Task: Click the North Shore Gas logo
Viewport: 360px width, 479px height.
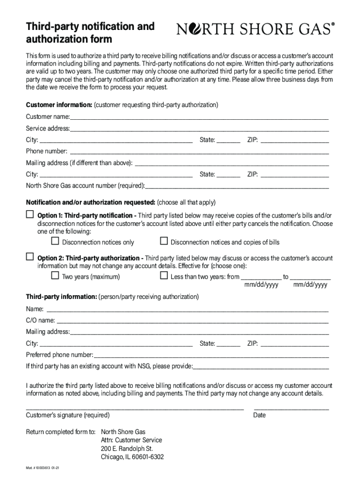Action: (256, 30)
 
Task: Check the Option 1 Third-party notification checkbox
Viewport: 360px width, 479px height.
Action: (30, 215)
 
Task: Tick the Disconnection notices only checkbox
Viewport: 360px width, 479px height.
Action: (55, 241)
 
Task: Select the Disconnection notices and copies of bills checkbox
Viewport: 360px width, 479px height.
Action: (164, 241)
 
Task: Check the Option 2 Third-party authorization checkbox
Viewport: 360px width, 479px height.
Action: (30, 257)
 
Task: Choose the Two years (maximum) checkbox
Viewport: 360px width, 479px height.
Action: (55, 276)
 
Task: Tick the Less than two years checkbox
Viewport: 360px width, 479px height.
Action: (164, 276)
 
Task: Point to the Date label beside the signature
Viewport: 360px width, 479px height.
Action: (259, 415)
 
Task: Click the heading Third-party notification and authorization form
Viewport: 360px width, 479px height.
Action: (90, 33)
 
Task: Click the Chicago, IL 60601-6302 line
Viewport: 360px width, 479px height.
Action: (132, 457)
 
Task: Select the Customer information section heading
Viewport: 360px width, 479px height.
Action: (59, 105)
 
